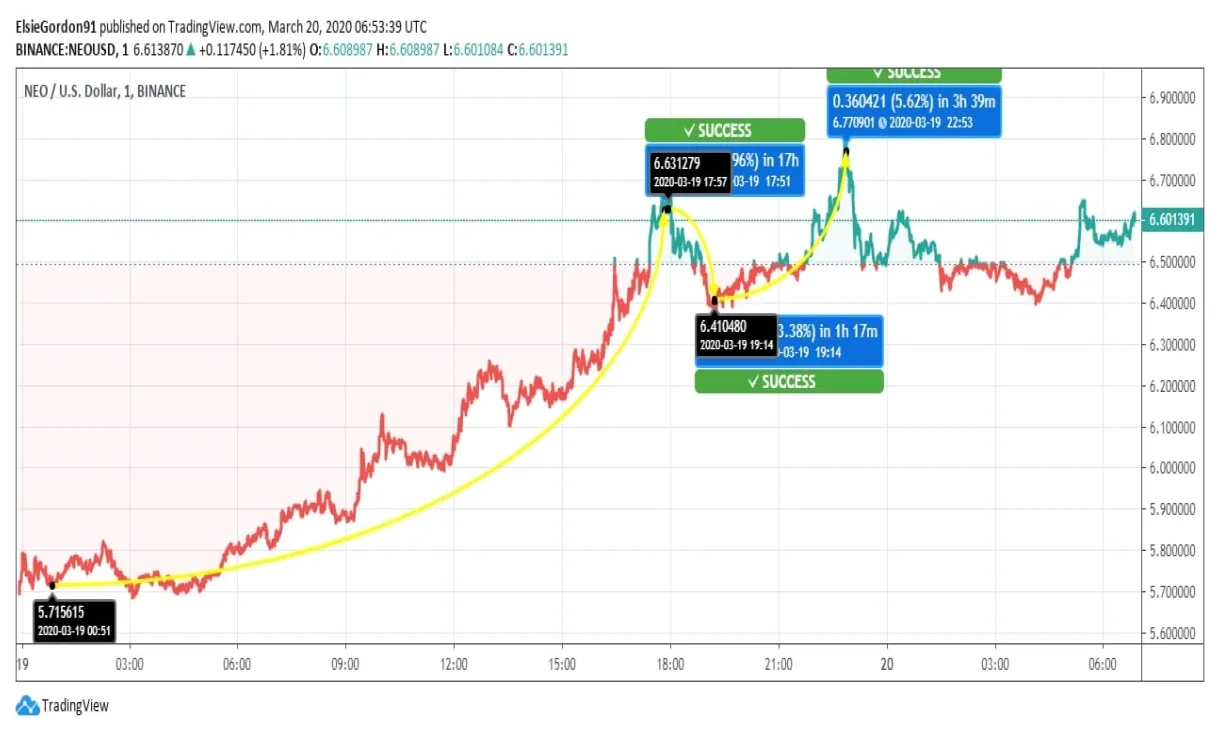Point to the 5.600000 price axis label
(x=1176, y=633)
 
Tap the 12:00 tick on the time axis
(x=454, y=664)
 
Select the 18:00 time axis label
(x=670, y=664)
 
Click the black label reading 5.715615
(x=74, y=620)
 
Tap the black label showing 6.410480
(x=736, y=335)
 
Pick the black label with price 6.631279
(x=689, y=171)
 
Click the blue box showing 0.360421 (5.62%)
(x=913, y=110)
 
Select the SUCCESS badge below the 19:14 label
(x=789, y=381)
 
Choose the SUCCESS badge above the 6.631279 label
(x=724, y=130)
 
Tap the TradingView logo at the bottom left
(x=63, y=705)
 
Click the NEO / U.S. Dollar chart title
(x=104, y=91)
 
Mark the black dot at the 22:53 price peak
(x=846, y=152)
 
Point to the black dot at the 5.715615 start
(x=52, y=585)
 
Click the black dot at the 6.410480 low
(x=714, y=300)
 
